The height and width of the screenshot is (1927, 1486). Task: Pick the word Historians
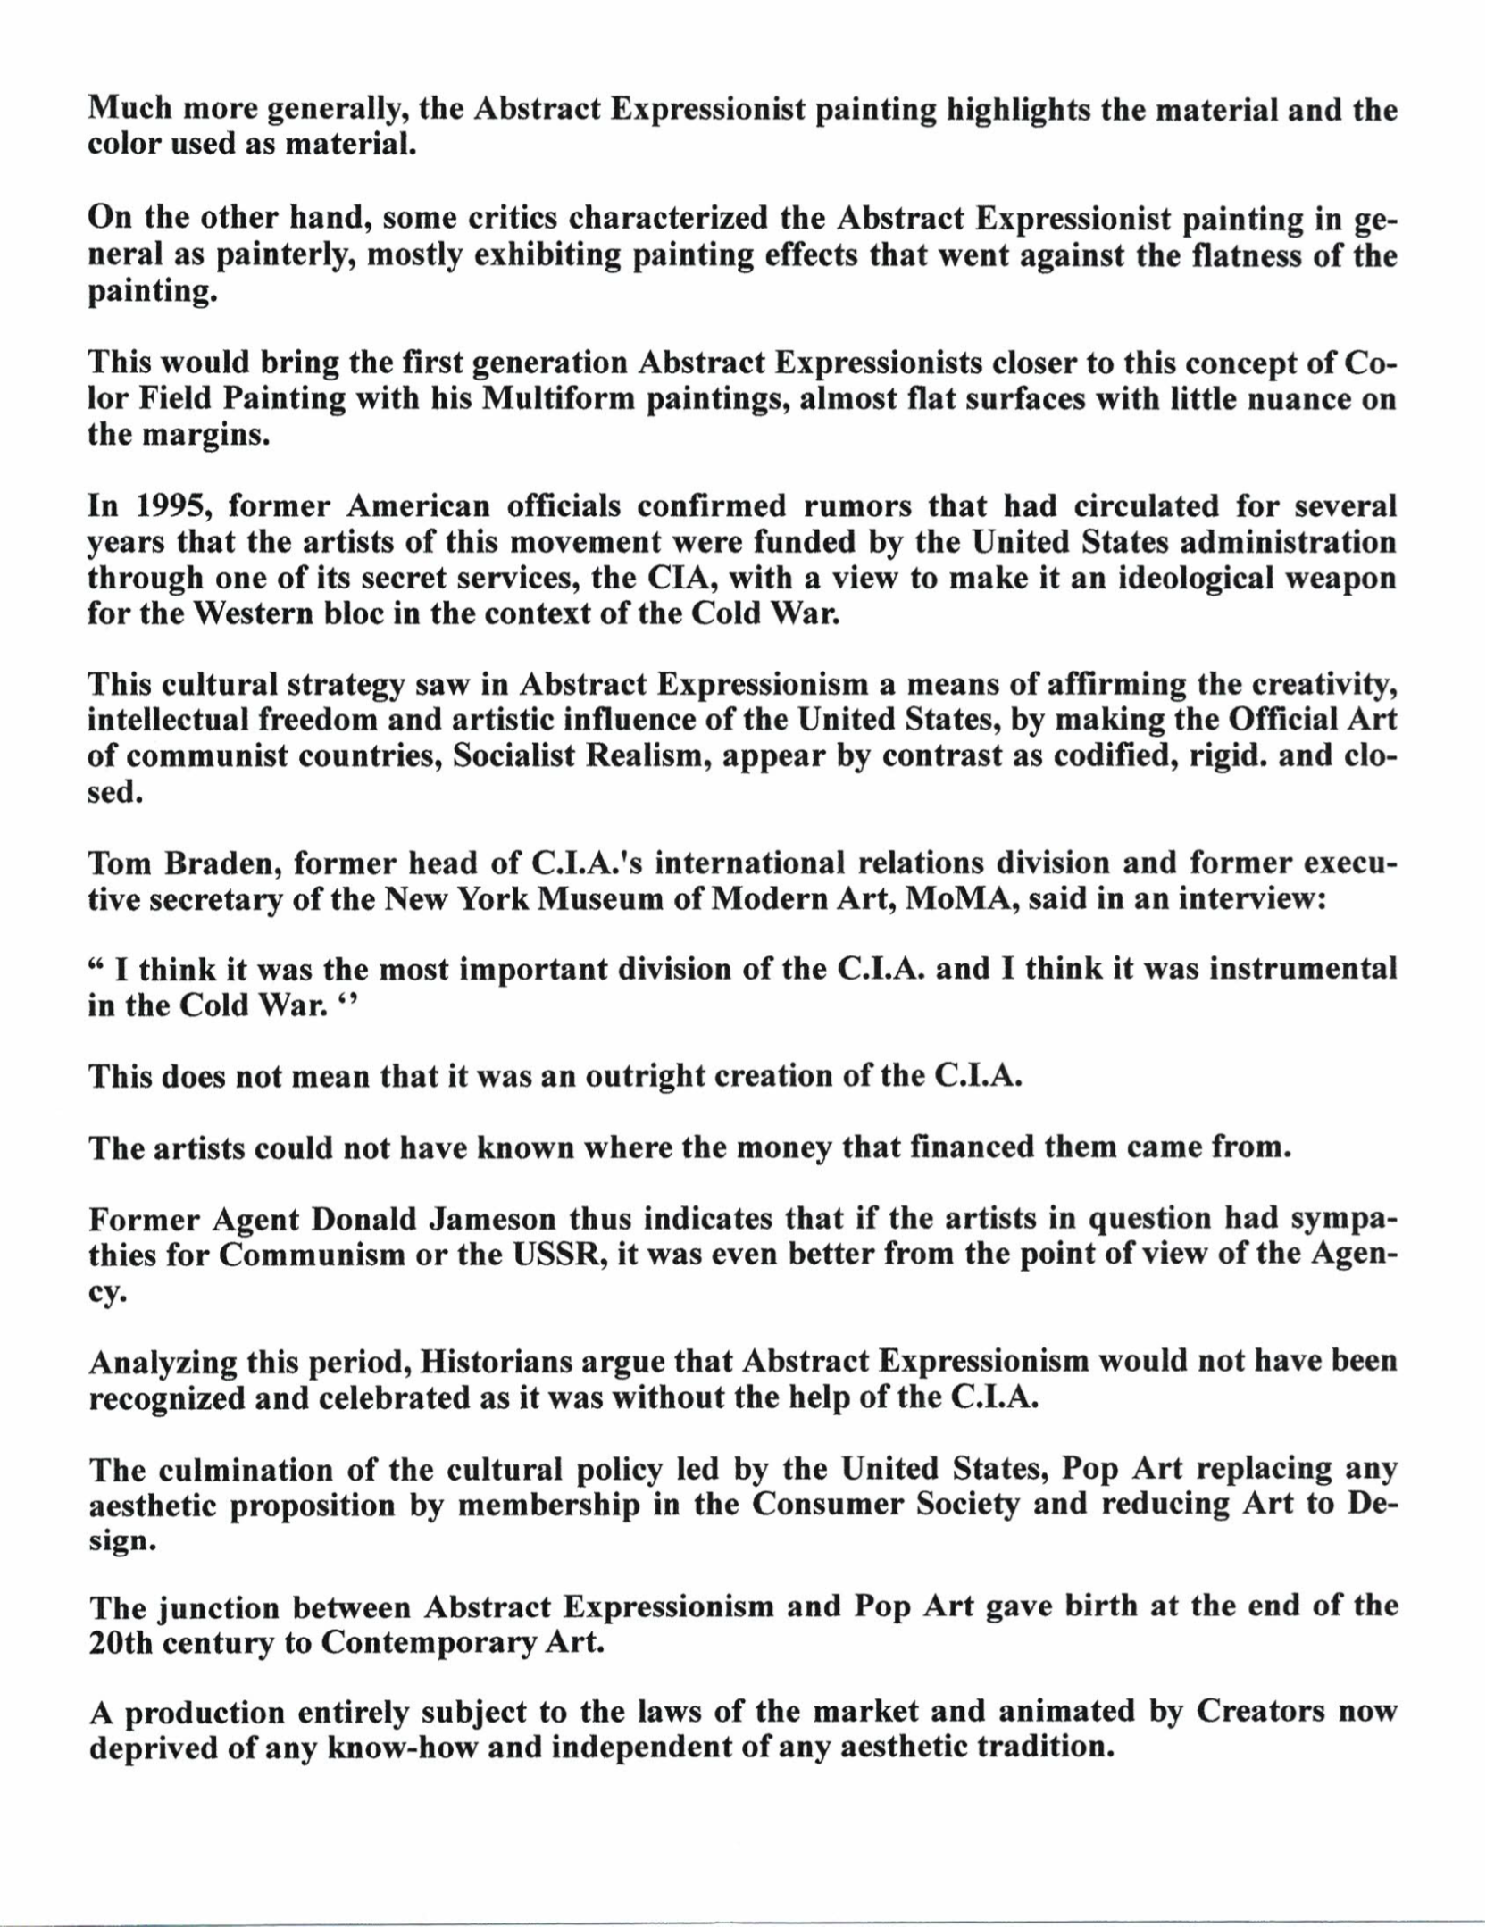pos(496,1362)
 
